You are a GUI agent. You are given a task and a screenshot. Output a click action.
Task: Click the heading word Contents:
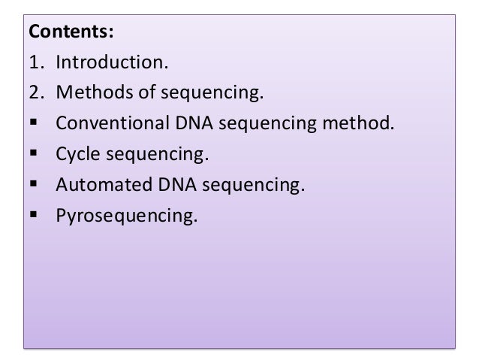tap(71, 32)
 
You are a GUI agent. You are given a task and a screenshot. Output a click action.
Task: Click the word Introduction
tap(112, 62)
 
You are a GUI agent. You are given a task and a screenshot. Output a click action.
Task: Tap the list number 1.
tap(37, 62)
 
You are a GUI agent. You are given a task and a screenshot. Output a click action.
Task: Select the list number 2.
tap(37, 92)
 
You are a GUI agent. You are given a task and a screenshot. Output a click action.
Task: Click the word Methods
tap(95, 92)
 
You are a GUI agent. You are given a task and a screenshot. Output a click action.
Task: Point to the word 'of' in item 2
tap(147, 92)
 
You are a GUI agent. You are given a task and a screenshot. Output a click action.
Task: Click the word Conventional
tap(113, 123)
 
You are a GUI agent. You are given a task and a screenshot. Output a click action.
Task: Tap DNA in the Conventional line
tap(194, 123)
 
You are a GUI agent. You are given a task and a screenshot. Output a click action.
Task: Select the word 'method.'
tap(358, 123)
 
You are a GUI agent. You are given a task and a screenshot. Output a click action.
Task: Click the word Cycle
tap(77, 154)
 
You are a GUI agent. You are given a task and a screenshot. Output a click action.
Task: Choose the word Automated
tap(104, 185)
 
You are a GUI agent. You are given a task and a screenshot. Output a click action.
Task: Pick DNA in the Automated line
tap(177, 185)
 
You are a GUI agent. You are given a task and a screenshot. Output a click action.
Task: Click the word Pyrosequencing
tap(126, 216)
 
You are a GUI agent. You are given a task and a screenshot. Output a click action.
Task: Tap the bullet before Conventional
tap(33, 122)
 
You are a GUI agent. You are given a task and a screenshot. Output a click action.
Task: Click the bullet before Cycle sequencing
tap(33, 153)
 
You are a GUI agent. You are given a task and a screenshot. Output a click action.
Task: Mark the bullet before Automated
tap(33, 183)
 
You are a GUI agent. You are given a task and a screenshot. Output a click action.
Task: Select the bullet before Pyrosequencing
tap(33, 214)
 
